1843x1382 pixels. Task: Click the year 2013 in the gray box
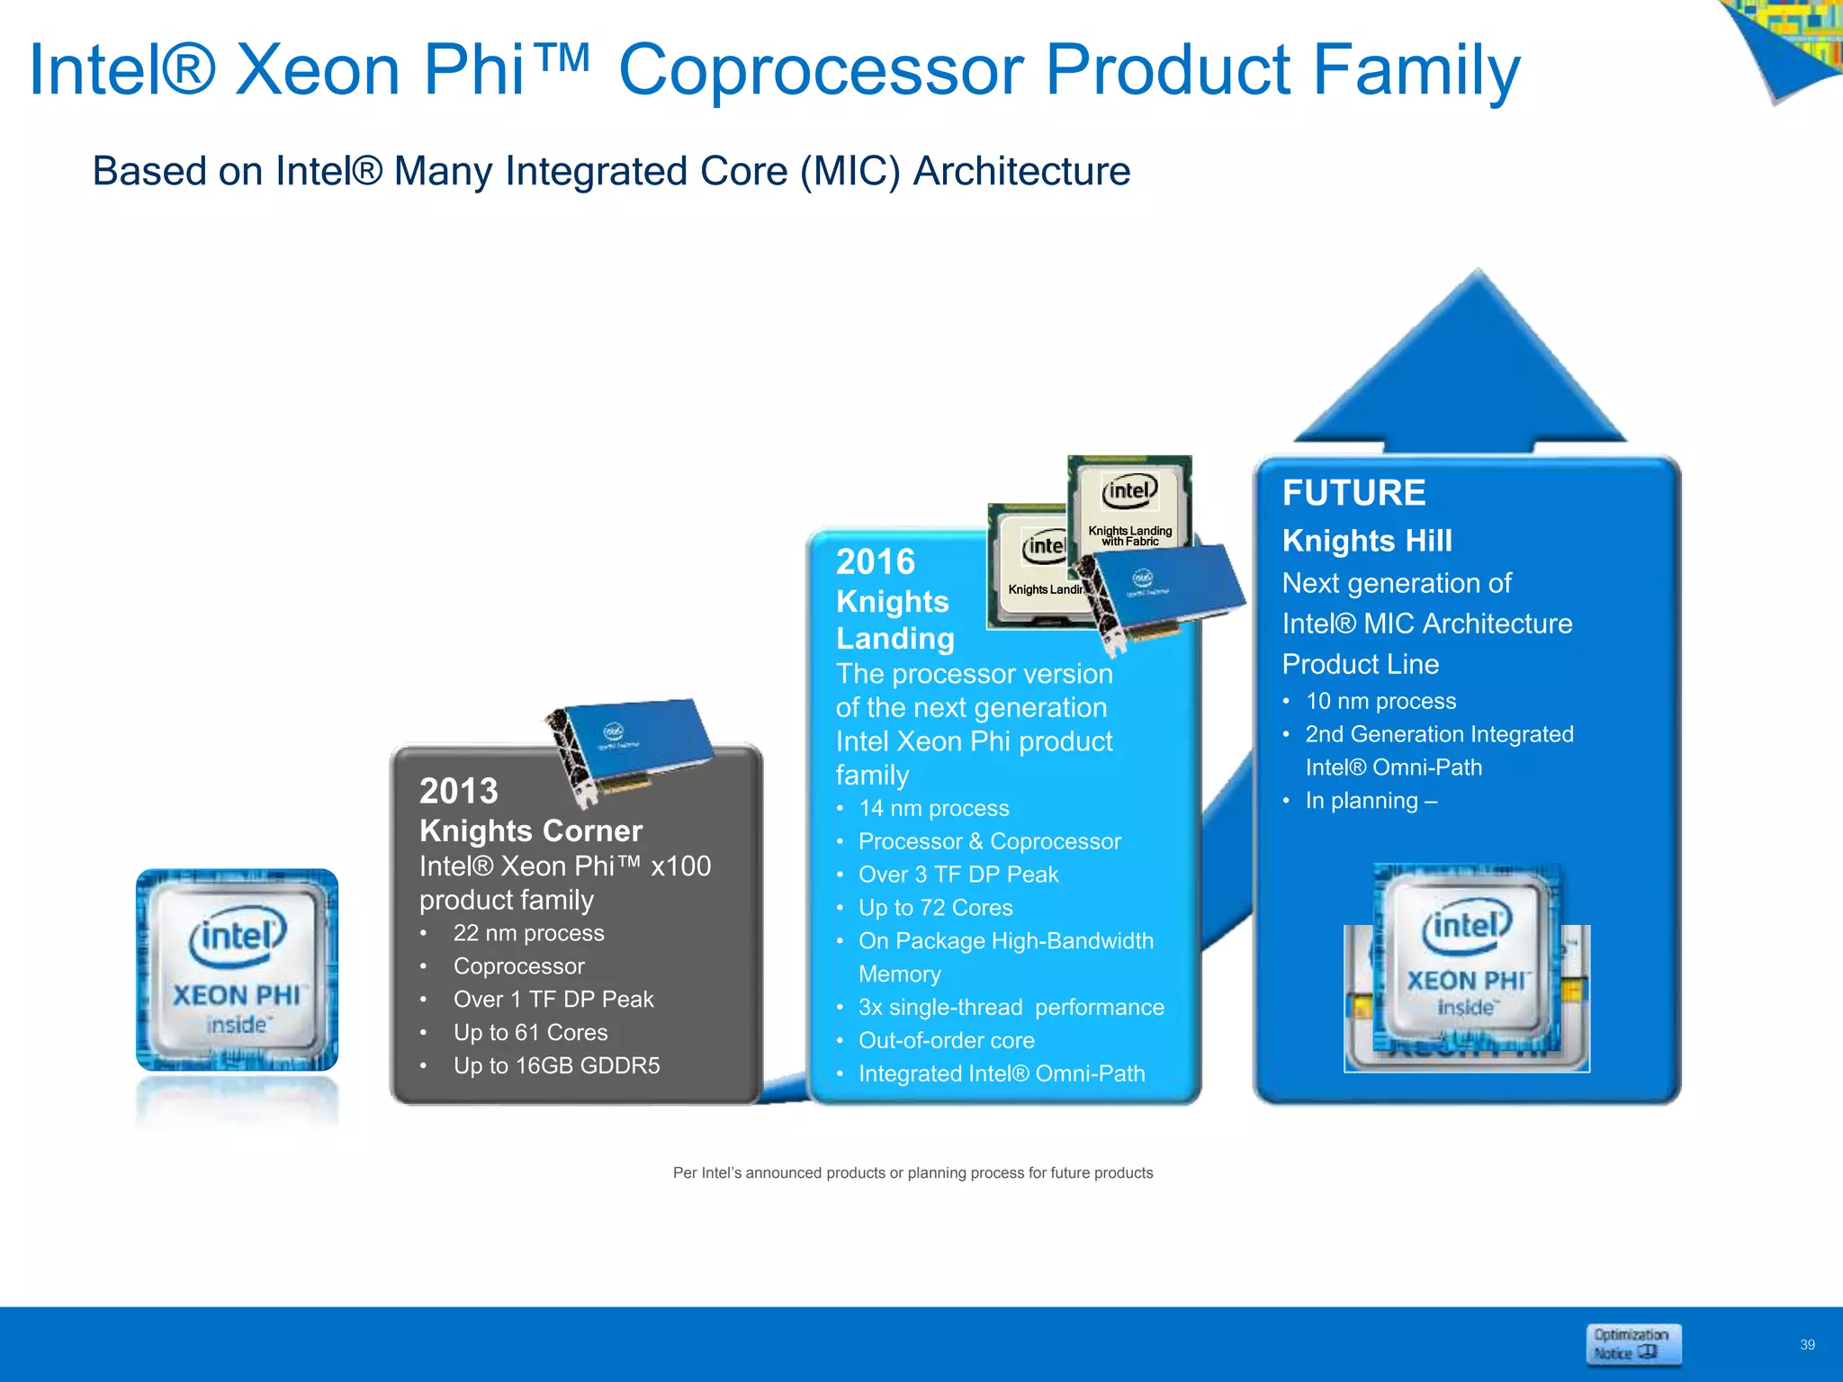pos(458,791)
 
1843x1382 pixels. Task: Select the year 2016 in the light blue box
pos(875,562)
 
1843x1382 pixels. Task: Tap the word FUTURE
pos(1353,493)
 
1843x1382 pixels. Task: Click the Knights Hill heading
pos(1367,541)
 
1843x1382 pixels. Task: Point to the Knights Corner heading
pos(531,830)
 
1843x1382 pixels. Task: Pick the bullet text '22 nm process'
pos(528,933)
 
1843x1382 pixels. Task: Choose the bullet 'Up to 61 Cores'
pos(530,1032)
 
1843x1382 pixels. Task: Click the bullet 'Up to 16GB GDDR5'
pos(556,1065)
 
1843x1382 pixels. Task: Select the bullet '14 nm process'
pos(933,808)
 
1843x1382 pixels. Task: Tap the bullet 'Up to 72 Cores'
pos(935,908)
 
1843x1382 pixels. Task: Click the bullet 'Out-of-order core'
pos(946,1040)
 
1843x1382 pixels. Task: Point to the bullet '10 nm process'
pos(1380,701)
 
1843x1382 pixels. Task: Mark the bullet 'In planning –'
pos(1371,801)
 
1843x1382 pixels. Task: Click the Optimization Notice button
pos(1632,1344)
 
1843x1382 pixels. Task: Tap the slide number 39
pos(1807,1344)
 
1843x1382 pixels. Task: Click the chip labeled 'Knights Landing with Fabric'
pos(1129,504)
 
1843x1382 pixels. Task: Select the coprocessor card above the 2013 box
pos(630,747)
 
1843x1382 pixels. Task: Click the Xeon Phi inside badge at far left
pos(237,970)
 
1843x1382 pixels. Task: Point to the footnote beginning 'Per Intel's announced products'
pos(913,1173)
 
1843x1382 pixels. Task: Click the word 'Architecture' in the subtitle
pos(1021,171)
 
